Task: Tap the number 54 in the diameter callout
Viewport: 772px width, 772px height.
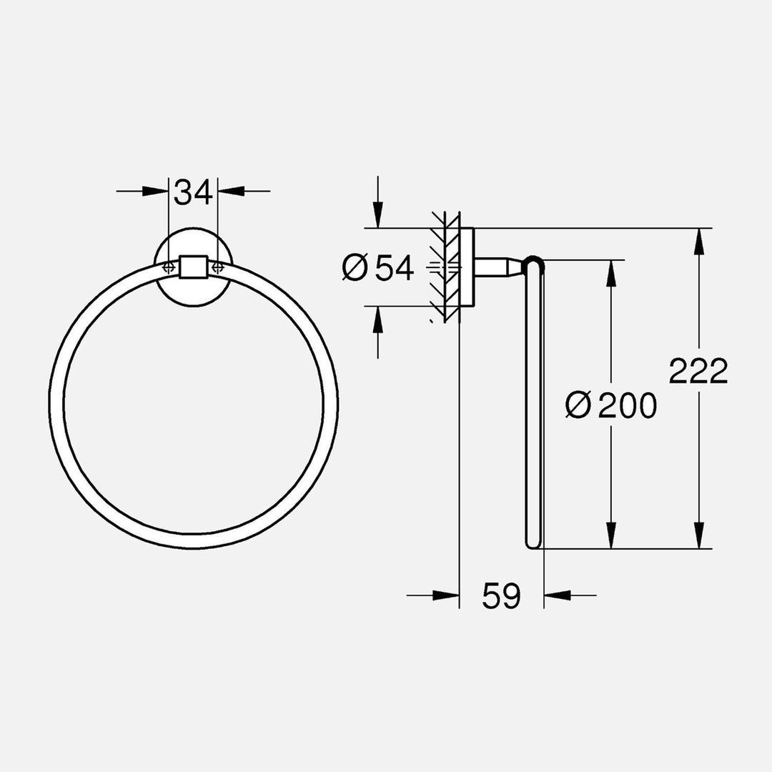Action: tap(395, 268)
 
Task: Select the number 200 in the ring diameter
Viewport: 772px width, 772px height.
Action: tap(627, 406)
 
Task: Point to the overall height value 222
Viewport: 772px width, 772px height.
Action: tap(698, 371)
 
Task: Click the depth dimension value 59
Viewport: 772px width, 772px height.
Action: tap(501, 595)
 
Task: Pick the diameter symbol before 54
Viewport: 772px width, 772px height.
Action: tap(355, 268)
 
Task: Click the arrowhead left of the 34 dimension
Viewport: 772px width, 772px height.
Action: tap(156, 192)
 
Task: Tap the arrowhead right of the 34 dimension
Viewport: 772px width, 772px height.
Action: tap(230, 192)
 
